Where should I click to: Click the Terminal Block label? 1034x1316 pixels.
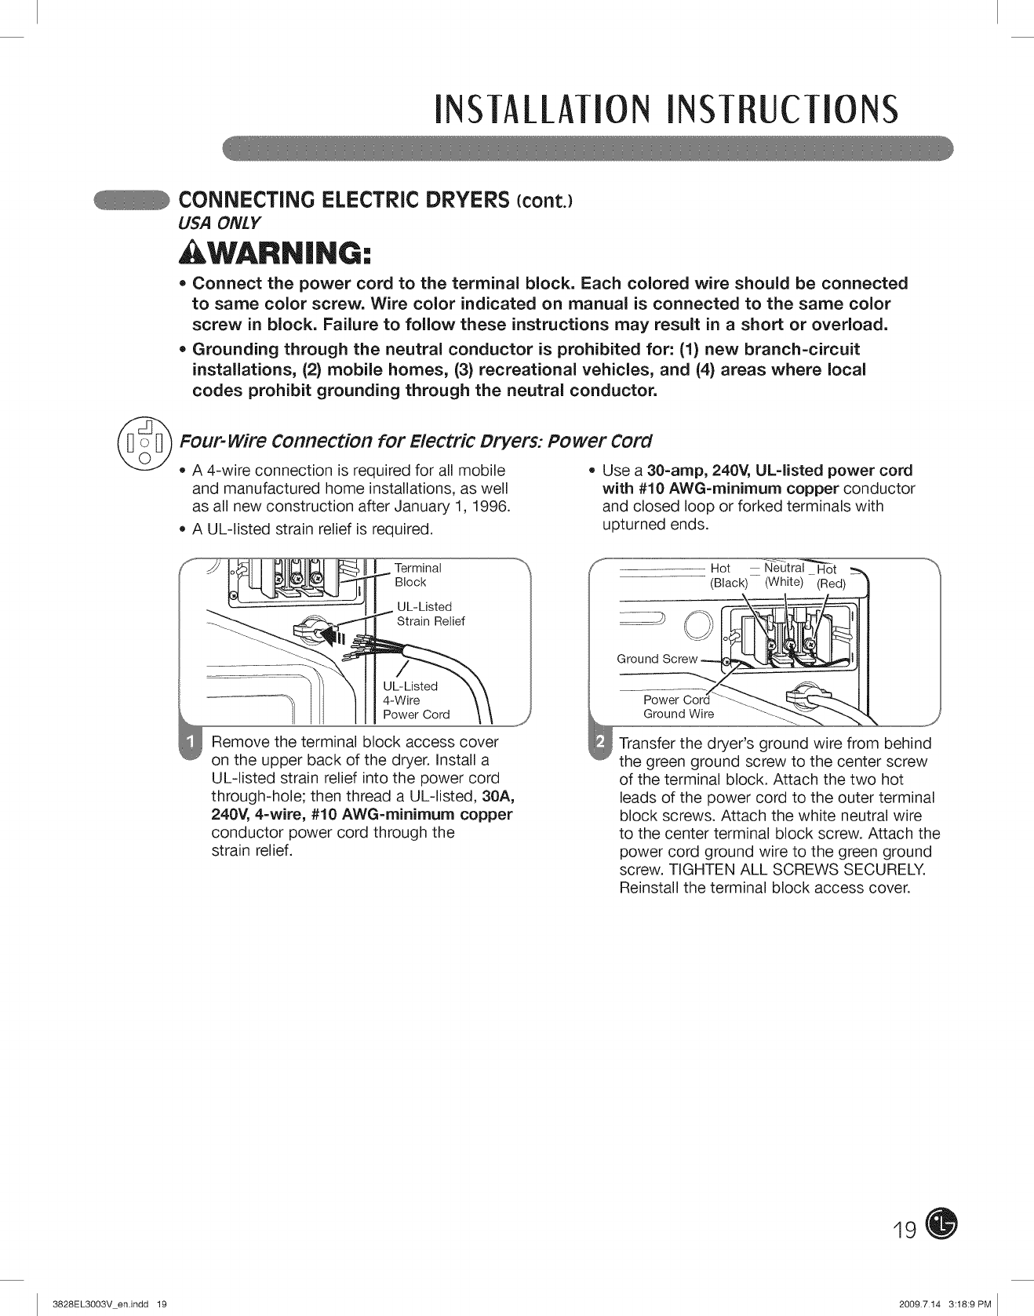click(x=417, y=575)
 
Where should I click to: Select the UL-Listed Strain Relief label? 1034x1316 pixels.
click(x=431, y=614)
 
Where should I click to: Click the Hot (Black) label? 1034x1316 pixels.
click(x=726, y=576)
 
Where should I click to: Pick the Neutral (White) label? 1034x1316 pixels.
click(x=784, y=574)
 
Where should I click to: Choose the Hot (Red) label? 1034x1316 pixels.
click(x=830, y=576)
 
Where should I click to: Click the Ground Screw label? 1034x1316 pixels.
click(x=657, y=659)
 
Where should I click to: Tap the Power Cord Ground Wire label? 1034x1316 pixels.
click(x=678, y=707)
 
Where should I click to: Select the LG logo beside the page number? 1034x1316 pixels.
click(x=941, y=1224)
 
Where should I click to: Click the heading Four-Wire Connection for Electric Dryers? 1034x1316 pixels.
click(x=416, y=440)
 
